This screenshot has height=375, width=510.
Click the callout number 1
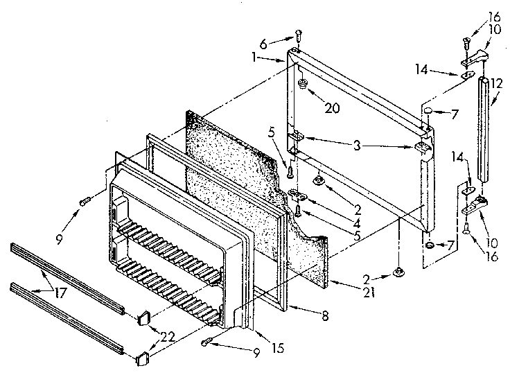click(256, 58)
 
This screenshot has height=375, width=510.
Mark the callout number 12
click(497, 83)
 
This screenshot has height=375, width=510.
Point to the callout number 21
click(368, 292)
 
